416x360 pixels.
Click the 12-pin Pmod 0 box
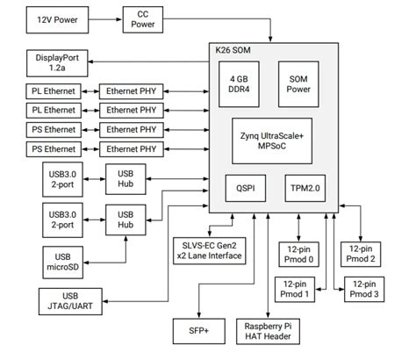(302, 255)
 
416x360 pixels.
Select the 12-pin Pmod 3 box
(363, 289)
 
